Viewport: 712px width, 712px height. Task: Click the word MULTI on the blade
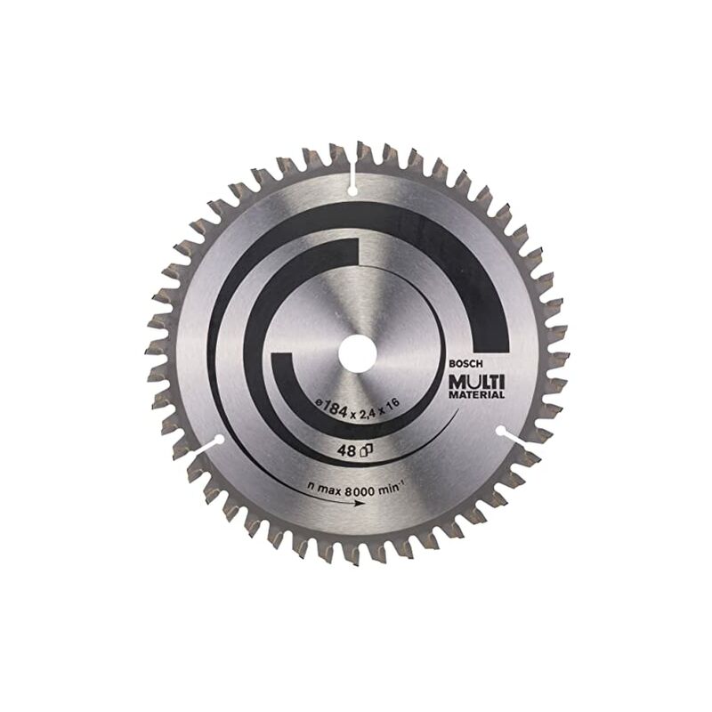(x=476, y=382)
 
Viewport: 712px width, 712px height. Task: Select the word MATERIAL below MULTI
(x=476, y=395)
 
